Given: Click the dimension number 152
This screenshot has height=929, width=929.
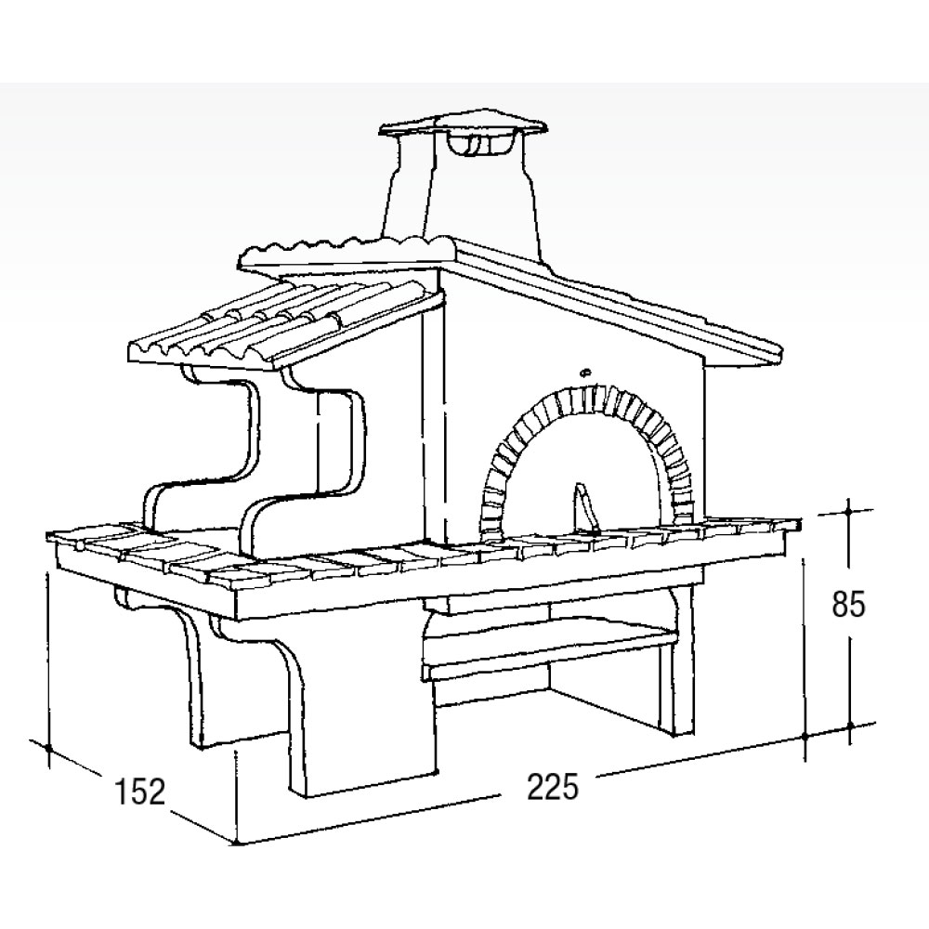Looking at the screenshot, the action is point(140,792).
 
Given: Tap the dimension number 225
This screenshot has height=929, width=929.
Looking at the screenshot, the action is point(552,787).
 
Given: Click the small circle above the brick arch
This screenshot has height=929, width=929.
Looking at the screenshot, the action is point(585,373).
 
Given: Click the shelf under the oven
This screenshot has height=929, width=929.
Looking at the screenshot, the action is point(548,646).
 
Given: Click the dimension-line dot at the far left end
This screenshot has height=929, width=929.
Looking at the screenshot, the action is point(48,748).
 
